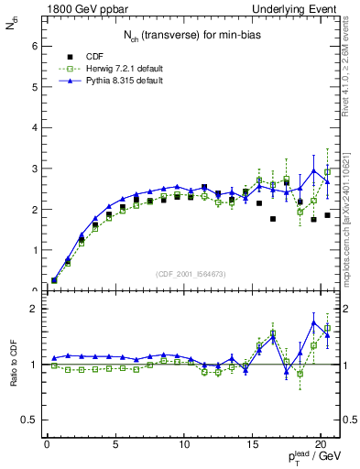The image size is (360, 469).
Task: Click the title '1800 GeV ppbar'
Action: tap(80, 8)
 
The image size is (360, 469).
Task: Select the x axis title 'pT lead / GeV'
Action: tap(311, 459)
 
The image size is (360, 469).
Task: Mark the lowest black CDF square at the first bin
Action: tap(54, 280)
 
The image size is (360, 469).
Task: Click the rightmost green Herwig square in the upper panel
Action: tap(327, 171)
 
